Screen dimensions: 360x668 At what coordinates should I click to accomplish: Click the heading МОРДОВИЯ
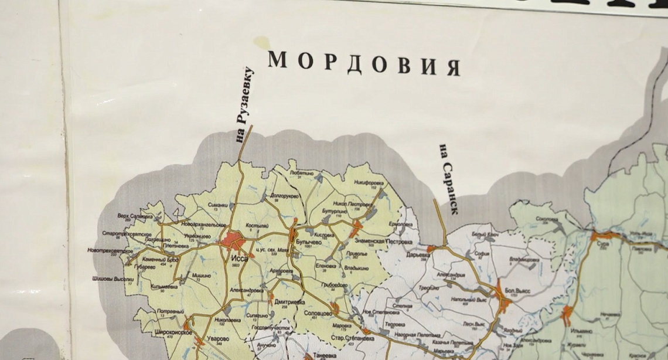363,63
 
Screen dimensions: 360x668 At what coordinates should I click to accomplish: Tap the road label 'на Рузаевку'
247,105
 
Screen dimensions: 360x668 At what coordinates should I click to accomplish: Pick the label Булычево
310,240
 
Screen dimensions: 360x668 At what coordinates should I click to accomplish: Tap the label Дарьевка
419,256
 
